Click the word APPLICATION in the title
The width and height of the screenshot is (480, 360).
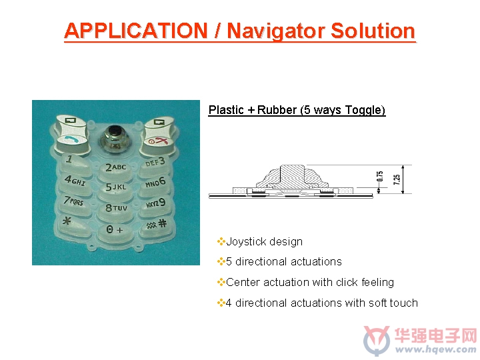(x=136, y=31)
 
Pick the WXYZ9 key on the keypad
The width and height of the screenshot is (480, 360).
(x=155, y=205)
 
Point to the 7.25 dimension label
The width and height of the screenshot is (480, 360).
(x=397, y=179)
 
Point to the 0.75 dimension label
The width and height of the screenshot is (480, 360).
(x=380, y=176)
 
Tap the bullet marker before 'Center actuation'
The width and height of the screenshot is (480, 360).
(x=221, y=282)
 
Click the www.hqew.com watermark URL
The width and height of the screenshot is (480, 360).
(x=436, y=349)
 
